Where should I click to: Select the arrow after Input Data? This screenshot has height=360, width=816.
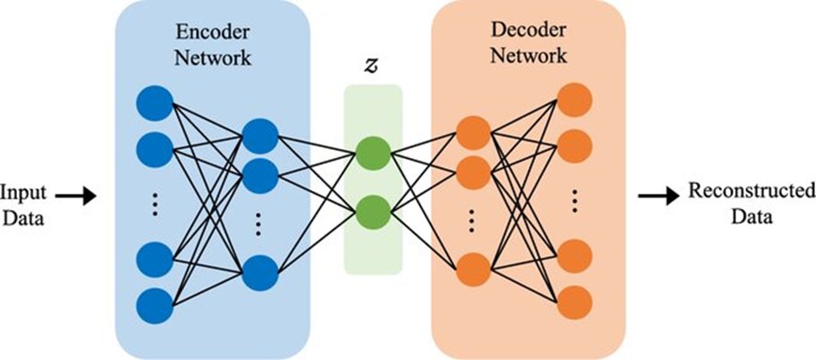80,196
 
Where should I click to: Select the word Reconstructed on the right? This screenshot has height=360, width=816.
750,190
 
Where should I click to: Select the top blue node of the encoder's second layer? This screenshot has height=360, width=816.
259,135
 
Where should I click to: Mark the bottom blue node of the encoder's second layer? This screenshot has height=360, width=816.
259,271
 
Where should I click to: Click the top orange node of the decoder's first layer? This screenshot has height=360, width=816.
471,135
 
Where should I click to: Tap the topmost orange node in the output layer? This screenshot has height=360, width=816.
574,100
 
